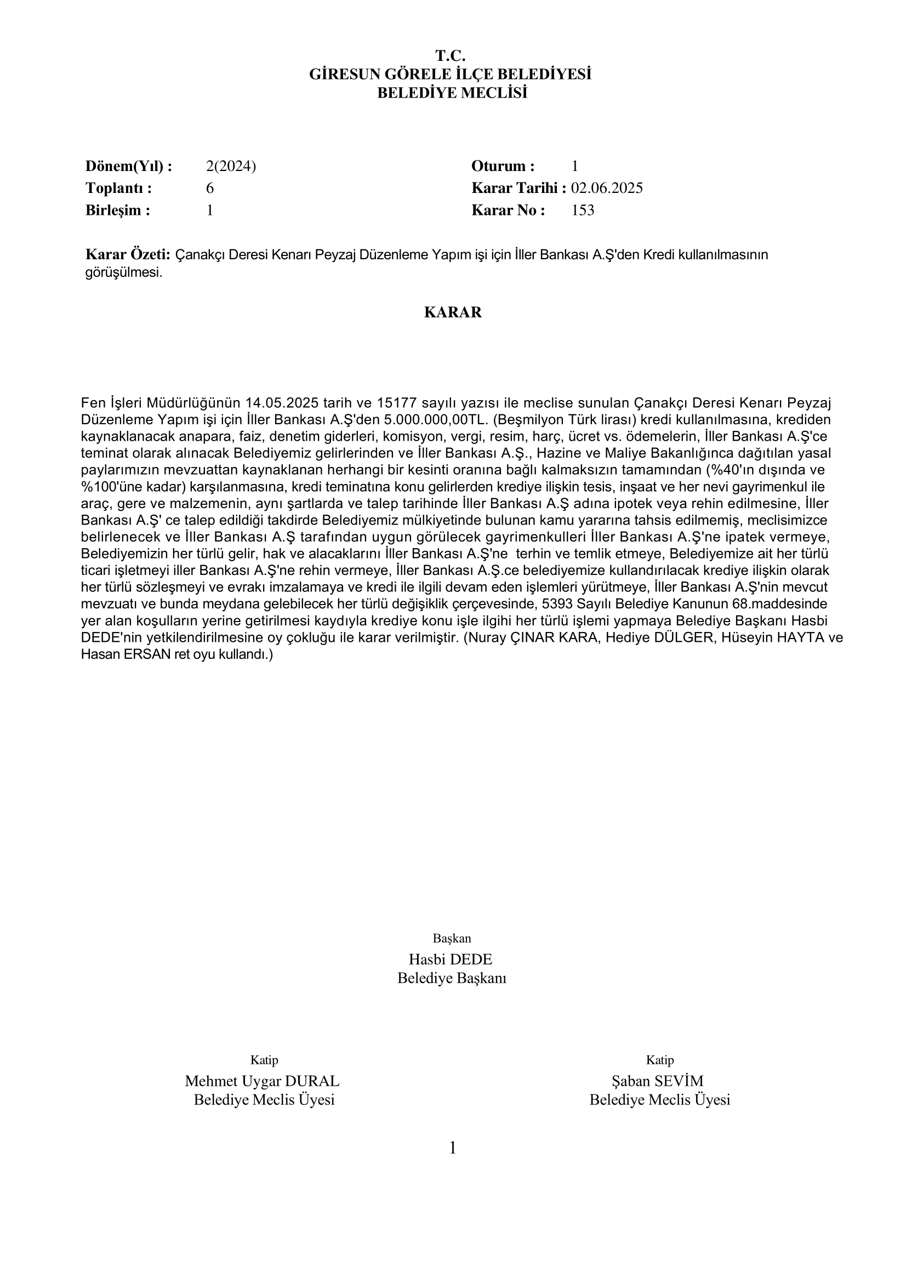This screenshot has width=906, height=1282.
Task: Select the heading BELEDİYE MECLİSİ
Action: [452, 93]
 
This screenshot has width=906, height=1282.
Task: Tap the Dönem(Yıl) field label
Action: [128, 166]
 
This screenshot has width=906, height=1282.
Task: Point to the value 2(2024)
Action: [231, 166]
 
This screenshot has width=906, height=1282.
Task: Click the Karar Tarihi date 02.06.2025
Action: [606, 188]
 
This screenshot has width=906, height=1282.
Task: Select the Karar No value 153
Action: [583, 210]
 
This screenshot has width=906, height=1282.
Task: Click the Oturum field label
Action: [503, 166]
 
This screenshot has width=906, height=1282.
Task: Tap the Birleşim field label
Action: [117, 210]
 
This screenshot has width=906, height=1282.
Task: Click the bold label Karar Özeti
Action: [127, 255]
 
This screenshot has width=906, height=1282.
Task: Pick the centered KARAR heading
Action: [453, 312]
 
